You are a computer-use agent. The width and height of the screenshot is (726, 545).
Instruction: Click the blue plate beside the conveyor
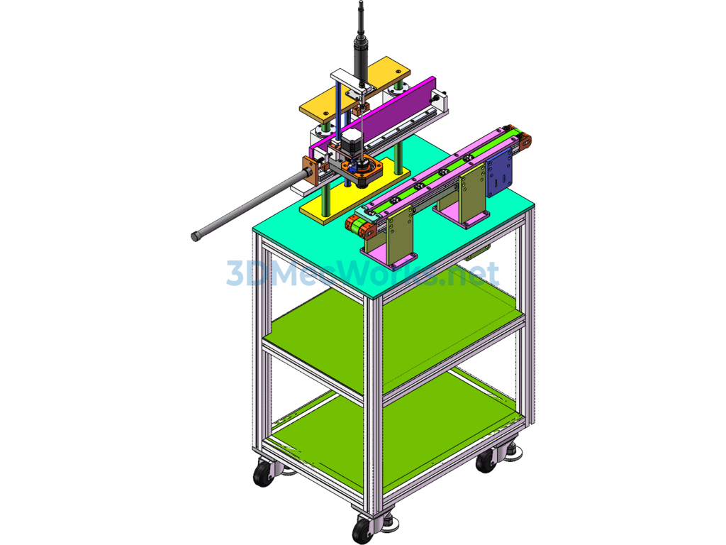pyautogui.click(x=499, y=172)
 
